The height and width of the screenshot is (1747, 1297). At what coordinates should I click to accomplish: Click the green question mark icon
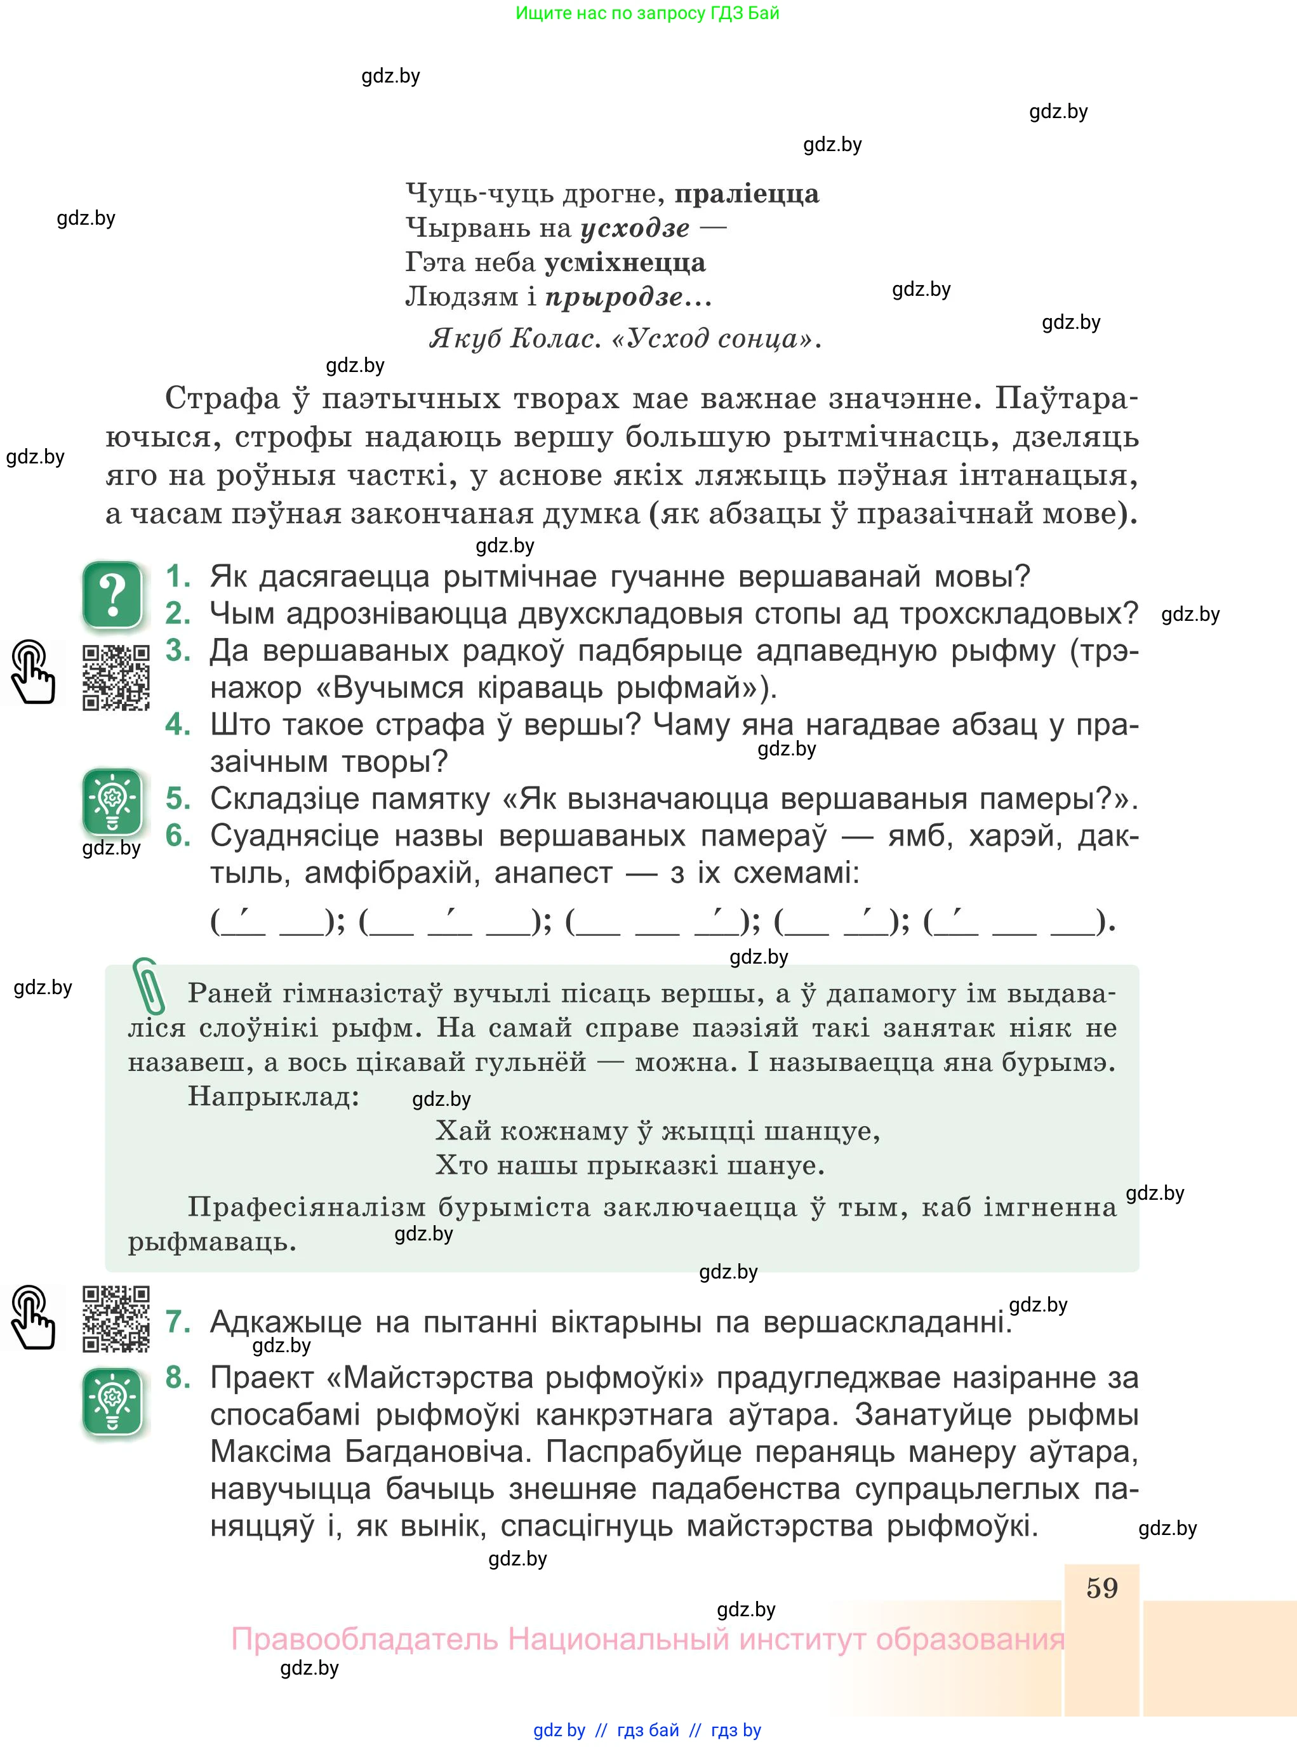coord(112,595)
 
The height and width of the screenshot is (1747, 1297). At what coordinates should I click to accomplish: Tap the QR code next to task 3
coord(116,677)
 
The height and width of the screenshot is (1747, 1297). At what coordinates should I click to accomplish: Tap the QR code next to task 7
coord(116,1319)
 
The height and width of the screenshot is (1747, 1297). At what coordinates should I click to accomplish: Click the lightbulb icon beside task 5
coord(112,801)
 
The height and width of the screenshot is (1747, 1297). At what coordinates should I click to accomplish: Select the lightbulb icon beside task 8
coord(112,1402)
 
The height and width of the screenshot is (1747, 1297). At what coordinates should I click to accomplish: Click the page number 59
coord(1101,1588)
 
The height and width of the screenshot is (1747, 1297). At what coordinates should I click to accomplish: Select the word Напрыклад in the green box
coord(273,1096)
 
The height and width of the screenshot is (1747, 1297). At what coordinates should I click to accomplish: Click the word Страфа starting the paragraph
coord(222,399)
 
